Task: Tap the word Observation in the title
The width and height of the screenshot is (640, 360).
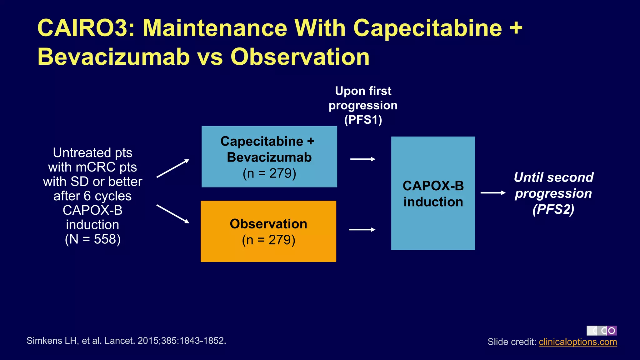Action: coord(300,57)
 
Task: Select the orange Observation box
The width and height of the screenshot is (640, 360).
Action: coord(268,231)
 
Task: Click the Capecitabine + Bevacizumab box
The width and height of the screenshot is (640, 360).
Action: coord(269,157)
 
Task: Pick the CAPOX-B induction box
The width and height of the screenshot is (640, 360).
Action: coord(433,193)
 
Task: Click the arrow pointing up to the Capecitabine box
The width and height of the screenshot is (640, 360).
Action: coord(173,168)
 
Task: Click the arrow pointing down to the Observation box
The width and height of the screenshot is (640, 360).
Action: coord(173,214)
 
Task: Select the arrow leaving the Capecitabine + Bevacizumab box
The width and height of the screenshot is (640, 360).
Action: coord(362,159)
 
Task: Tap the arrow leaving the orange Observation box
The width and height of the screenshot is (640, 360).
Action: coord(362,230)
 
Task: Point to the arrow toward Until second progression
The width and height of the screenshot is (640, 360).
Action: coord(493,193)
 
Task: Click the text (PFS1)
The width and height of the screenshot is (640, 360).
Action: coord(363,120)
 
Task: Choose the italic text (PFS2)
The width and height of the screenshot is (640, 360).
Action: coord(553,209)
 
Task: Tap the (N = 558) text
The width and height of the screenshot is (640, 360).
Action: coord(93,239)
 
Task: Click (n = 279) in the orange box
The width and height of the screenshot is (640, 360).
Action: coord(268,240)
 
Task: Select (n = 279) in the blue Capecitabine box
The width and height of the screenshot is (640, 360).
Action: coord(269,173)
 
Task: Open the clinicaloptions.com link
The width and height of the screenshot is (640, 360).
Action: coord(577,342)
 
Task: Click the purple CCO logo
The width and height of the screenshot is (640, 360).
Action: coord(602,331)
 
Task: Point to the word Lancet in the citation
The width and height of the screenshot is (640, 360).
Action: coord(119,341)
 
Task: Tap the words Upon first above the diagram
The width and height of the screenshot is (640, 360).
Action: coord(363,91)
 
